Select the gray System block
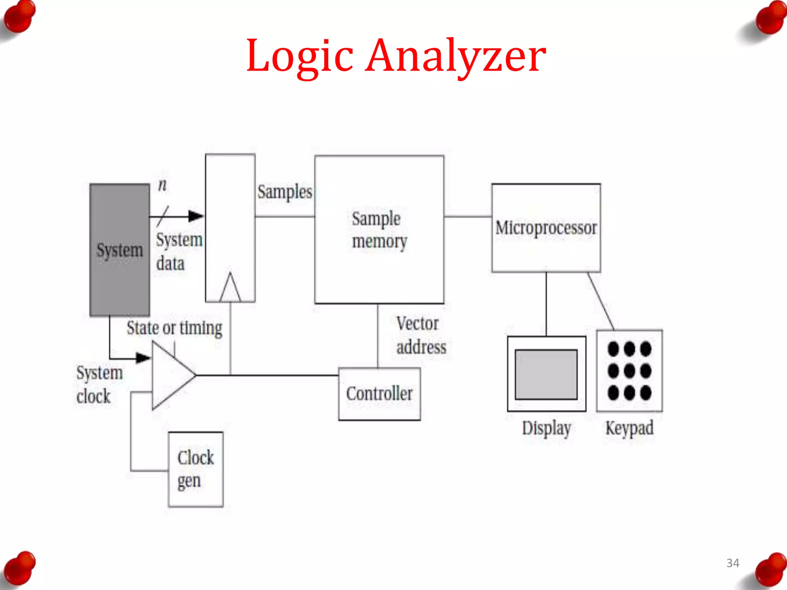click(120, 250)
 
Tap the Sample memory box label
click(379, 230)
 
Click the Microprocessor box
click(546, 228)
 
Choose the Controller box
click(379, 394)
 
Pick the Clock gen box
click(196, 469)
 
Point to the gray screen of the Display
click(546, 374)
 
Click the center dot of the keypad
click(629, 371)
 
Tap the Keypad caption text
click(629, 428)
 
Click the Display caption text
click(546, 428)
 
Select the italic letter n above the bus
click(163, 185)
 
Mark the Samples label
click(285, 192)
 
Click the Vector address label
click(420, 335)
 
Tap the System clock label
click(99, 384)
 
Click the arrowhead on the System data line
click(196, 216)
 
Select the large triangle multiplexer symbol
click(171, 375)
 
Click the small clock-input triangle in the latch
click(230, 289)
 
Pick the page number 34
click(732, 563)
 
